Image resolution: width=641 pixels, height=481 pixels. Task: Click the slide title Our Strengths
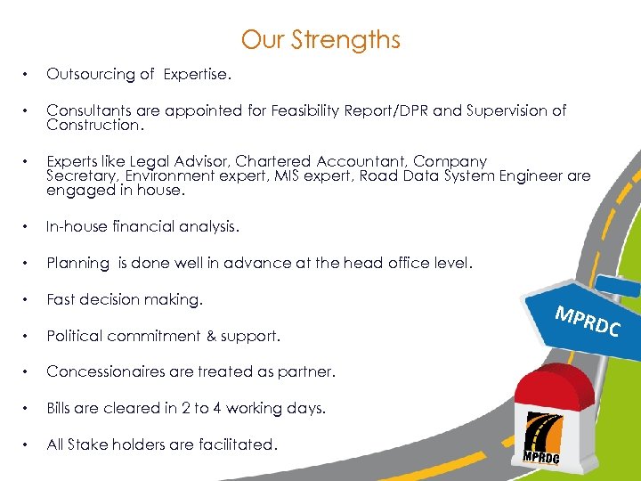(x=320, y=40)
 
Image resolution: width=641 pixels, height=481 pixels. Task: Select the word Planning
(x=77, y=264)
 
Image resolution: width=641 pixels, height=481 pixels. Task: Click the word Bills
(x=62, y=409)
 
